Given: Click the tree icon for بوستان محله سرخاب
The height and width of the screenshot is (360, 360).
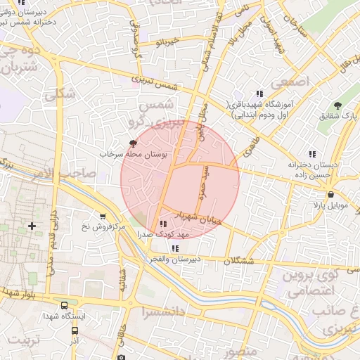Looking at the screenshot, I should click(125, 143).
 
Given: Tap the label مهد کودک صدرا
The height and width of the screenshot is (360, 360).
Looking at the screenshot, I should click(157, 233).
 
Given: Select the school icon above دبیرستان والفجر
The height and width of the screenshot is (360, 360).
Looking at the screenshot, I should click(174, 248).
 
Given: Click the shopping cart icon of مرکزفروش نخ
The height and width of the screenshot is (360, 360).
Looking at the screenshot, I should click(103, 217).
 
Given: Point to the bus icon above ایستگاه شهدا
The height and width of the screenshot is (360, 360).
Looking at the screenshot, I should click(65, 306).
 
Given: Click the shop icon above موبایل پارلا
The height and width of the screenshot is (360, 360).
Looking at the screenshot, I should click(330, 195).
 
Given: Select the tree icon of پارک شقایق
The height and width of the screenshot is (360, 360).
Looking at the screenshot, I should click(339, 105).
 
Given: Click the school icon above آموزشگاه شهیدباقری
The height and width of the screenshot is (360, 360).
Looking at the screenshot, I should click(259, 94).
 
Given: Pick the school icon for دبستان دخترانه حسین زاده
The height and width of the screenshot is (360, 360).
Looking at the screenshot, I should click(312, 154).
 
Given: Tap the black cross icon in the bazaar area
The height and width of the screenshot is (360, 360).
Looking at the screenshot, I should click(32, 226).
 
